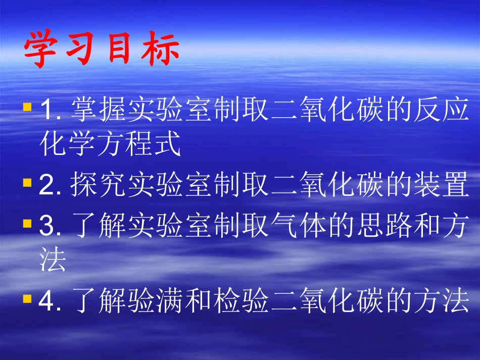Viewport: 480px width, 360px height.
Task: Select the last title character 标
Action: (161, 52)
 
